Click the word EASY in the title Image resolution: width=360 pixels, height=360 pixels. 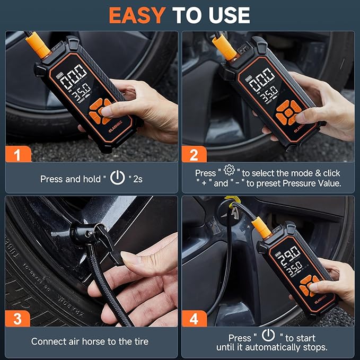(137, 15)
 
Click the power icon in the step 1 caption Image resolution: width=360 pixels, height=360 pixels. (117, 178)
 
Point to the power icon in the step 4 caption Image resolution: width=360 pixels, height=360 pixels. (269, 335)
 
